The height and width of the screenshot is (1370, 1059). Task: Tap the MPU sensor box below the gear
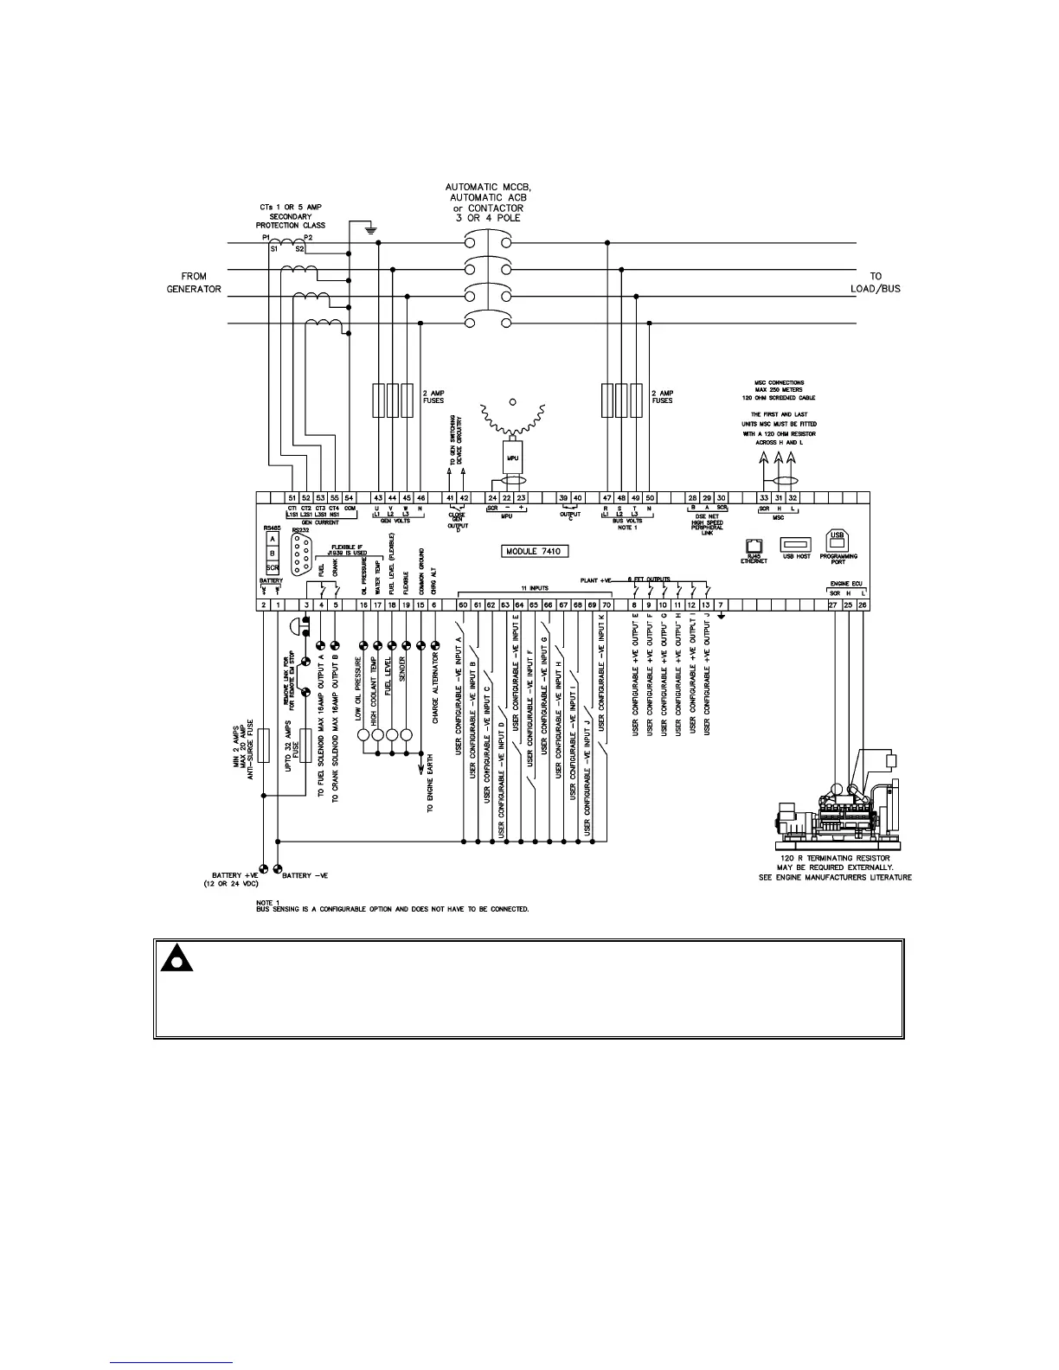coord(512,456)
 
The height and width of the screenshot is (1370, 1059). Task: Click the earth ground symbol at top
coord(369,229)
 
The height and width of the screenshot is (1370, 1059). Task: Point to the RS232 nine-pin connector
coord(301,553)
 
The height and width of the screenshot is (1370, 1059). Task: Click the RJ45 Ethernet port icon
coord(753,546)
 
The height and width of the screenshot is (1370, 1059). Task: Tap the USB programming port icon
coord(838,541)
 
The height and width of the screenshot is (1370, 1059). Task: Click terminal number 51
coord(292,498)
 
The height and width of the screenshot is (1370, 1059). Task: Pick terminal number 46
coord(420,498)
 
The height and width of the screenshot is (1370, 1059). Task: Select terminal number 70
coord(607,605)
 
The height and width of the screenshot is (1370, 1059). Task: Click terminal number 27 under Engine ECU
coord(833,605)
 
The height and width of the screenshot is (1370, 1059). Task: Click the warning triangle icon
coord(175,960)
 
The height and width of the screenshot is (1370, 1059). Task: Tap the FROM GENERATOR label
coord(195,283)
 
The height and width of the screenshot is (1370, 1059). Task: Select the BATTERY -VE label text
coord(305,876)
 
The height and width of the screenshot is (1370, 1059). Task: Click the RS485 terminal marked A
coord(273,539)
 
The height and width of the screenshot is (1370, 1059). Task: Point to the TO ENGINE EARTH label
coord(430,783)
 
